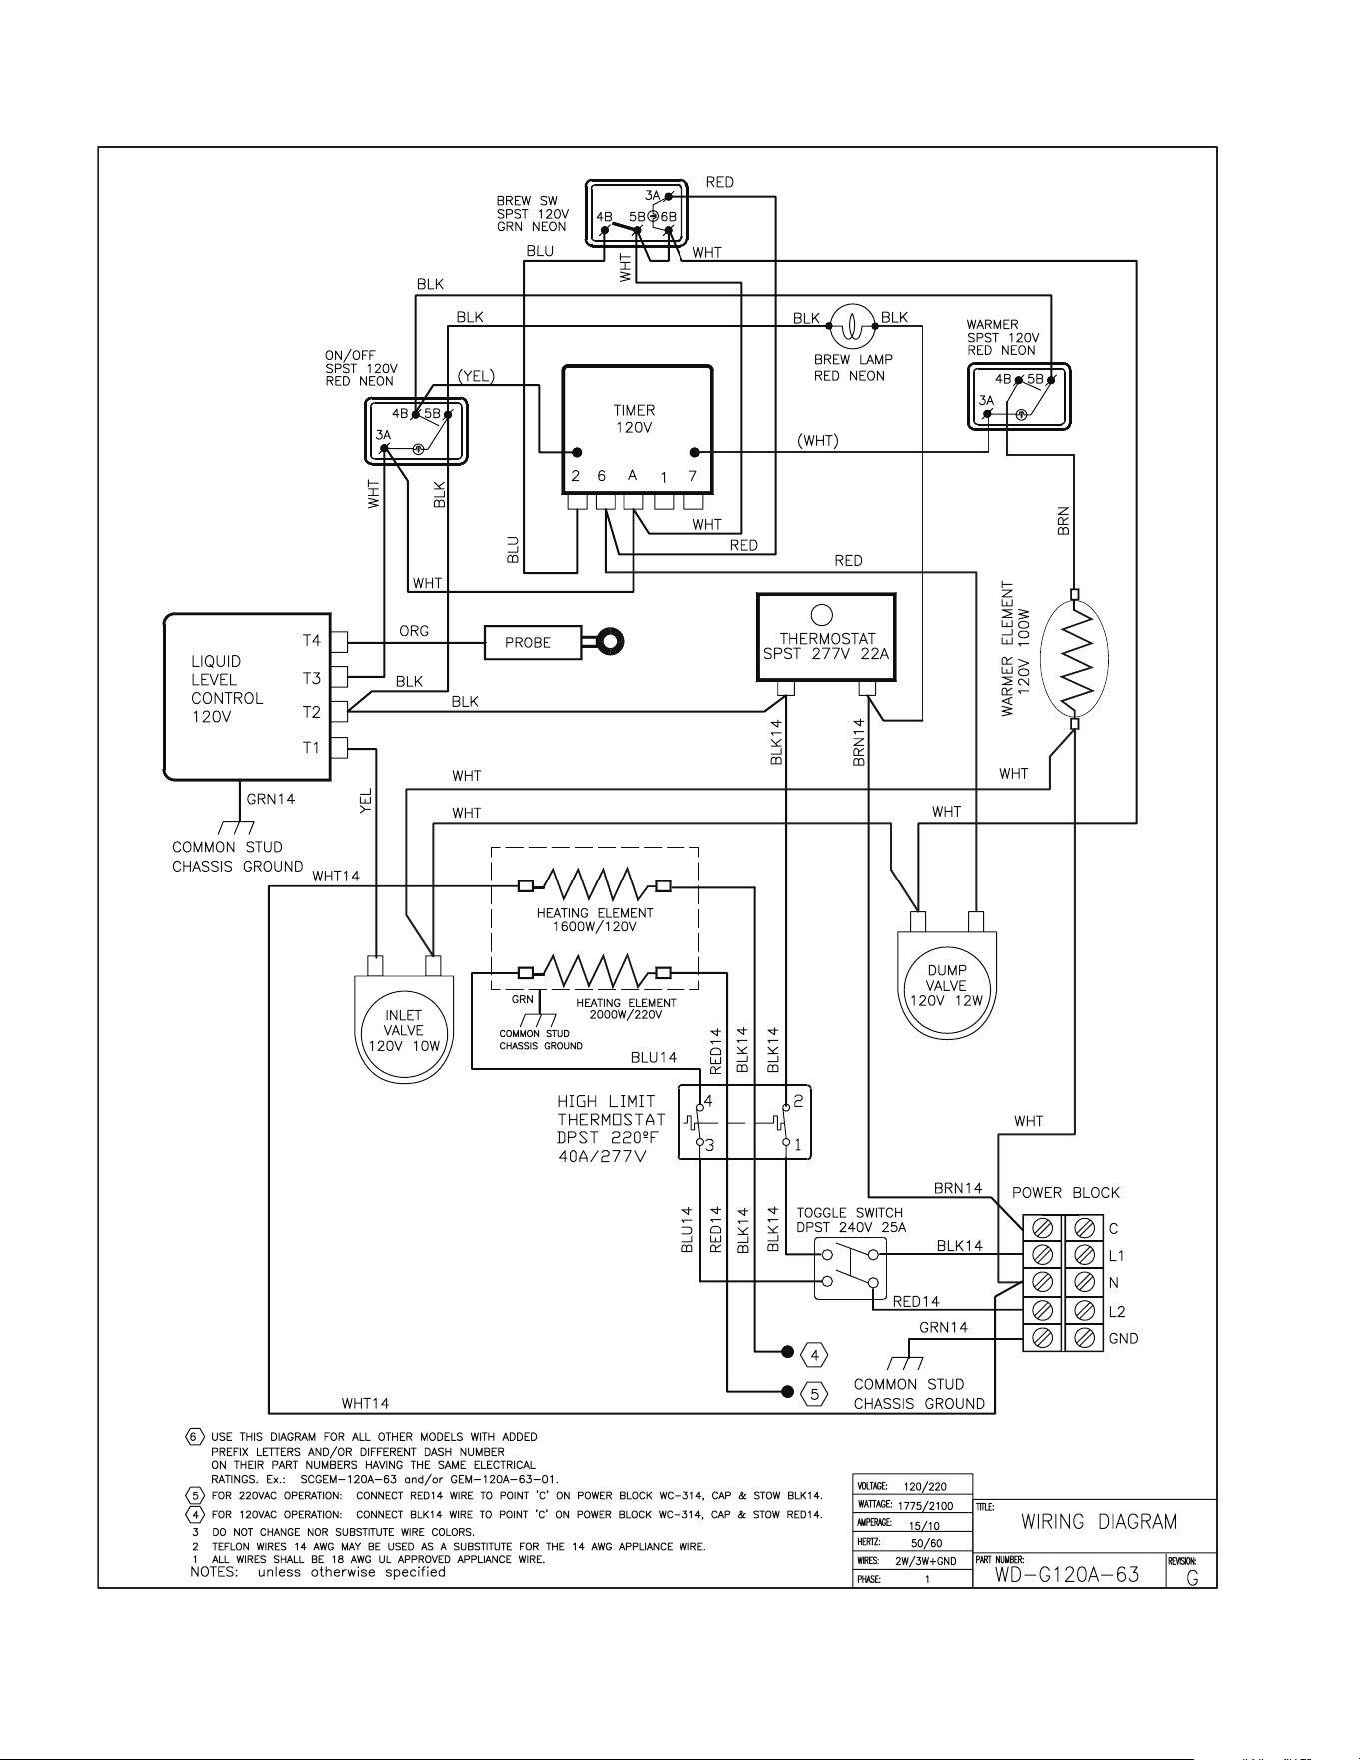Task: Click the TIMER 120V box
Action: [638, 429]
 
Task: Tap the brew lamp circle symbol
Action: [852, 326]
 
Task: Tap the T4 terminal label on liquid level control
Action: [312, 641]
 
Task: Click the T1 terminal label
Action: [312, 747]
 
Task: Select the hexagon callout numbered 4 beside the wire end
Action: [815, 1355]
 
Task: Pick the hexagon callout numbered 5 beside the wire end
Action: [815, 1393]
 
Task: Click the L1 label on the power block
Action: [1116, 1256]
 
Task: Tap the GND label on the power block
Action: [1123, 1339]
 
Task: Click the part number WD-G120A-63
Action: [1067, 1575]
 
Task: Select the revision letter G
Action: [1192, 1579]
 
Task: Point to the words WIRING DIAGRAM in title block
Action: [1099, 1522]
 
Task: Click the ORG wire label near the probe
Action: [414, 631]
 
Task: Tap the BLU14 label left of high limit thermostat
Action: [654, 1057]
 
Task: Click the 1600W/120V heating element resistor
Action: [594, 884]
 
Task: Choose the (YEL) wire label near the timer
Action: [476, 376]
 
